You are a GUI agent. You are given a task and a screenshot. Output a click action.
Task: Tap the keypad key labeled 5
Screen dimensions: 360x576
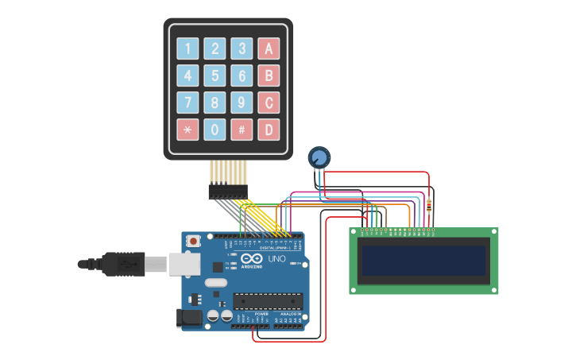(x=215, y=75)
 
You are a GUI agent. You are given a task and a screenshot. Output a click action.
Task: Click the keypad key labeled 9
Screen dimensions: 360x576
(x=242, y=103)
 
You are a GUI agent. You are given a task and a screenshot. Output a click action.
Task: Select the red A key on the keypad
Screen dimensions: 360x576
(x=269, y=48)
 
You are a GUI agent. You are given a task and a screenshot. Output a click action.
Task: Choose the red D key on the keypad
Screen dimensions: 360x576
(x=269, y=130)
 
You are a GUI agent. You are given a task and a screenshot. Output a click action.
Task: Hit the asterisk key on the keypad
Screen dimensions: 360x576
(x=187, y=130)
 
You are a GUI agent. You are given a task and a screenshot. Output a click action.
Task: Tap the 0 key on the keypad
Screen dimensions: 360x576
(x=215, y=130)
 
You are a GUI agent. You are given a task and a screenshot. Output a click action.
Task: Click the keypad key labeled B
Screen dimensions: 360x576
(x=269, y=75)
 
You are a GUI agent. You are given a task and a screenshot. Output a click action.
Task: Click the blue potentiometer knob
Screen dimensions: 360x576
(x=319, y=157)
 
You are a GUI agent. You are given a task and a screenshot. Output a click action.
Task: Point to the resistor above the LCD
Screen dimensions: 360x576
(x=430, y=206)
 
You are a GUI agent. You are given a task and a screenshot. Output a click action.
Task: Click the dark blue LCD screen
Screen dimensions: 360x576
(x=423, y=261)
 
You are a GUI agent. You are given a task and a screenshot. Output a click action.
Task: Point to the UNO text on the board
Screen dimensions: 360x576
(x=276, y=259)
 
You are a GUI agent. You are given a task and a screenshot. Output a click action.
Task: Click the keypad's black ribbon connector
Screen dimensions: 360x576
(x=228, y=191)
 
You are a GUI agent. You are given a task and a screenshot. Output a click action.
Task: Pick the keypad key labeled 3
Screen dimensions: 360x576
(x=242, y=48)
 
